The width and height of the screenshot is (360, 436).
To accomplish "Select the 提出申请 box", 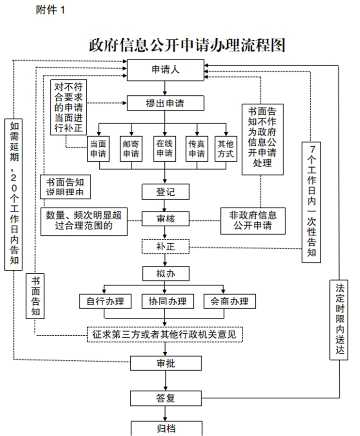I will point(165,103).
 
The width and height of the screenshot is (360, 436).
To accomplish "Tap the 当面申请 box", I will point(99,149).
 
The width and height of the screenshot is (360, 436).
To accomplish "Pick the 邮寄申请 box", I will point(131,149).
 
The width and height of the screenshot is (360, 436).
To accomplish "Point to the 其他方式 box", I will point(226,149).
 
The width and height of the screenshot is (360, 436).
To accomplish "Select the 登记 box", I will point(165,192).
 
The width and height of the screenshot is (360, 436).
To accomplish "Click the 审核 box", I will point(165,219).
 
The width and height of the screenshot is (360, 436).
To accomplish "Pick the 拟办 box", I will point(165,273).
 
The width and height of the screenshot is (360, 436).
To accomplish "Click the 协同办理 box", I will point(165,301).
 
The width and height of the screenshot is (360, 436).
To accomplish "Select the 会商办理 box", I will point(226,301).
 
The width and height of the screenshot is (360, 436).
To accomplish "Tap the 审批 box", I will point(165,363).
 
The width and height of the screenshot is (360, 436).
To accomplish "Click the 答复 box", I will point(165,398).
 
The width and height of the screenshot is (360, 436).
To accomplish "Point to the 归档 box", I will point(165,429).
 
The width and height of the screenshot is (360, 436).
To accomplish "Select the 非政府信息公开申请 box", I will point(252,220).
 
